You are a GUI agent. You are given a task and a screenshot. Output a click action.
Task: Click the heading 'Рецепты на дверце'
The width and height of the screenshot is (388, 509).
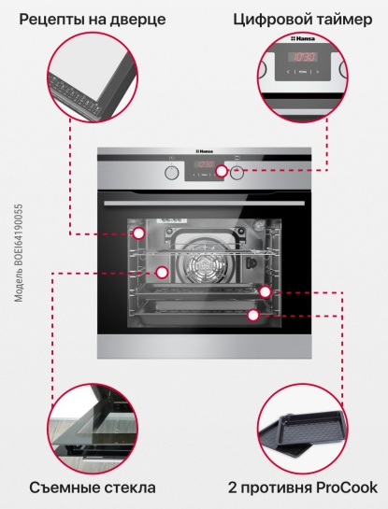(x=93, y=20)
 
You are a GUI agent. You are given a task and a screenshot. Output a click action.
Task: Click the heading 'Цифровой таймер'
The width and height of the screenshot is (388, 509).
(x=303, y=20)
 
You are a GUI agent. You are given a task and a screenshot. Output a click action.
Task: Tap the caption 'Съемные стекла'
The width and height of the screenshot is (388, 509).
(x=93, y=488)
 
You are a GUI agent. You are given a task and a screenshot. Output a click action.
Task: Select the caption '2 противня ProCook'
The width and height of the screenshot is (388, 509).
(x=303, y=488)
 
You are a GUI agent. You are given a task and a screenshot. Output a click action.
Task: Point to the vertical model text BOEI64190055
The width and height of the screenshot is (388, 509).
(x=20, y=253)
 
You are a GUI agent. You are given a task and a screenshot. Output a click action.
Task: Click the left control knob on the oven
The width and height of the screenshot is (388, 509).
(x=172, y=173)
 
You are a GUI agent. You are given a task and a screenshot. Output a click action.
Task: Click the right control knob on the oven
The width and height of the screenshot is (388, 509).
(x=237, y=173)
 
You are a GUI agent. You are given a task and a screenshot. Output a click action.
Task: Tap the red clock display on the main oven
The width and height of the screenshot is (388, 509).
(x=204, y=164)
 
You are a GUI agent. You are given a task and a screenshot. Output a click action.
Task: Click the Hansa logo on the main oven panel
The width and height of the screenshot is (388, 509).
(x=205, y=151)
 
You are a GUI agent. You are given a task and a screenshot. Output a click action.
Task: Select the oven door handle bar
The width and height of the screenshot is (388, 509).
(x=205, y=204)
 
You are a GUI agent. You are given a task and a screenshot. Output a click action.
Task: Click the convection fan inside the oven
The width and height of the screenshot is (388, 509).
(x=204, y=264)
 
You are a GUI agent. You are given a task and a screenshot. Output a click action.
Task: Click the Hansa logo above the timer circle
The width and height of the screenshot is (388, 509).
(x=303, y=38)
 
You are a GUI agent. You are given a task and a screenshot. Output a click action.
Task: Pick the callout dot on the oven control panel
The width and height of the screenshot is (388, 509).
(x=222, y=171)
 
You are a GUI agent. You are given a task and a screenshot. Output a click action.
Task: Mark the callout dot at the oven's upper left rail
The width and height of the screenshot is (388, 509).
(x=139, y=233)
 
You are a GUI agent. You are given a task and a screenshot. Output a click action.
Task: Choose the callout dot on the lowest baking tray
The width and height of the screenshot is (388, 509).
(x=253, y=315)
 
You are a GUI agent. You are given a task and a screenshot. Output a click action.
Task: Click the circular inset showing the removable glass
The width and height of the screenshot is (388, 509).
(x=92, y=429)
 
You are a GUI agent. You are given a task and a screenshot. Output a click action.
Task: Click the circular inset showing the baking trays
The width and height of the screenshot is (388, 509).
(x=303, y=429)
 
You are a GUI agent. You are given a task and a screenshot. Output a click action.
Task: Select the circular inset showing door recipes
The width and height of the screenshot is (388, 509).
(x=92, y=77)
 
